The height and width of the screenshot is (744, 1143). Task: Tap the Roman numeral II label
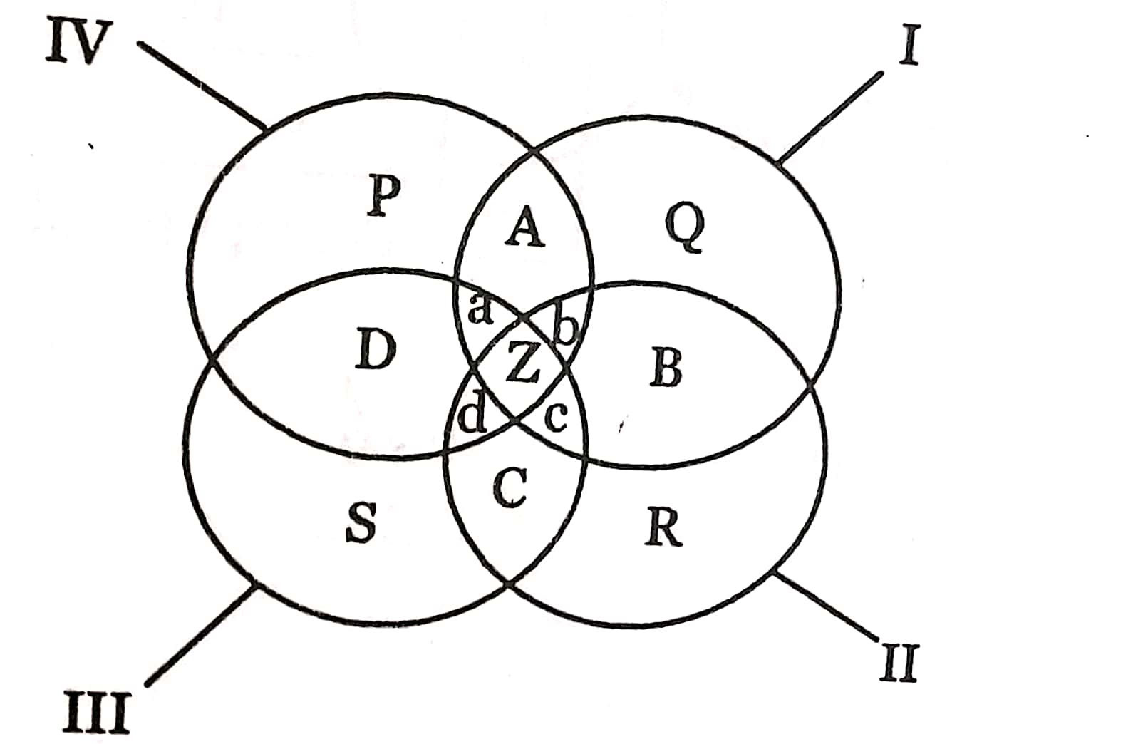[x=899, y=663]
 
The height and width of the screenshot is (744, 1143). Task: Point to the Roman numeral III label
[x=96, y=713]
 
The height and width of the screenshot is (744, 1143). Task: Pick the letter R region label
[x=663, y=527]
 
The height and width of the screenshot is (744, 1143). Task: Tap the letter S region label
[x=361, y=522]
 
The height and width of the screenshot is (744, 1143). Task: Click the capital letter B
[x=666, y=368]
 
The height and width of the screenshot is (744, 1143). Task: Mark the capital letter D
[x=376, y=351]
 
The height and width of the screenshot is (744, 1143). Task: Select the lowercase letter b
[x=565, y=329]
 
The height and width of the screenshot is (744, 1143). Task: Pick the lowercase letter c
[x=555, y=418]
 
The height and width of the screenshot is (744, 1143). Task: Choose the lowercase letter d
[x=471, y=417]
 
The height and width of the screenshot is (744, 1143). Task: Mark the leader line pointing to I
[x=831, y=117]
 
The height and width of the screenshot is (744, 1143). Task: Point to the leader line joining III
[x=200, y=634]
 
